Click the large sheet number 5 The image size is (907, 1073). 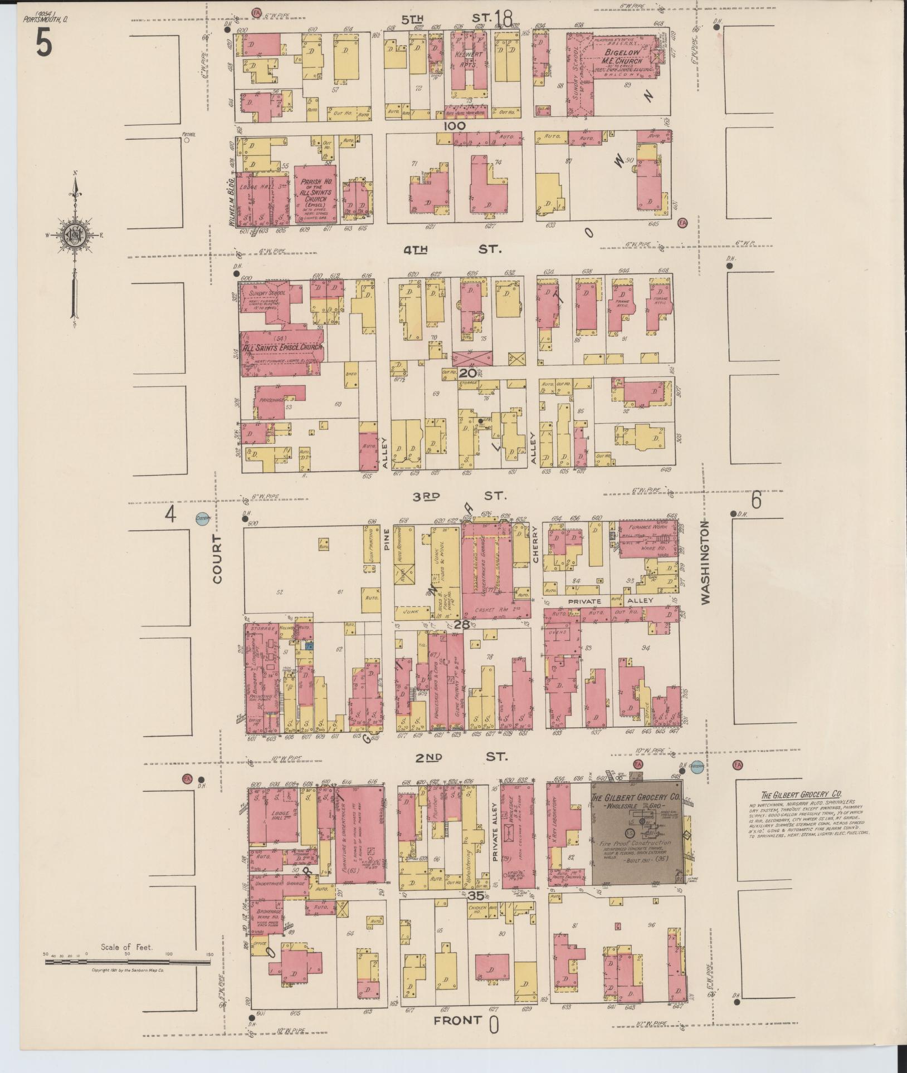pyautogui.click(x=44, y=42)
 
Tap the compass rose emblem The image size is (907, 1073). pyautogui.click(x=74, y=234)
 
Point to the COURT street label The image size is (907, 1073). pyautogui.click(x=217, y=559)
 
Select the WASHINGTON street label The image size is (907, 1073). pyautogui.click(x=706, y=562)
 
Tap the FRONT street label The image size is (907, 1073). pyautogui.click(x=458, y=1020)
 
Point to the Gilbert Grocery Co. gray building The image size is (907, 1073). pyautogui.click(x=636, y=835)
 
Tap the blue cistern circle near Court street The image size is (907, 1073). pyautogui.click(x=202, y=518)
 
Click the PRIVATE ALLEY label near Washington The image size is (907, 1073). pyautogui.click(x=607, y=601)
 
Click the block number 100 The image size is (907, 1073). pyautogui.click(x=454, y=126)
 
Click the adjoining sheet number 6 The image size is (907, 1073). pyautogui.click(x=756, y=500)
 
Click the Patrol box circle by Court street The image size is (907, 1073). pyautogui.click(x=187, y=140)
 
